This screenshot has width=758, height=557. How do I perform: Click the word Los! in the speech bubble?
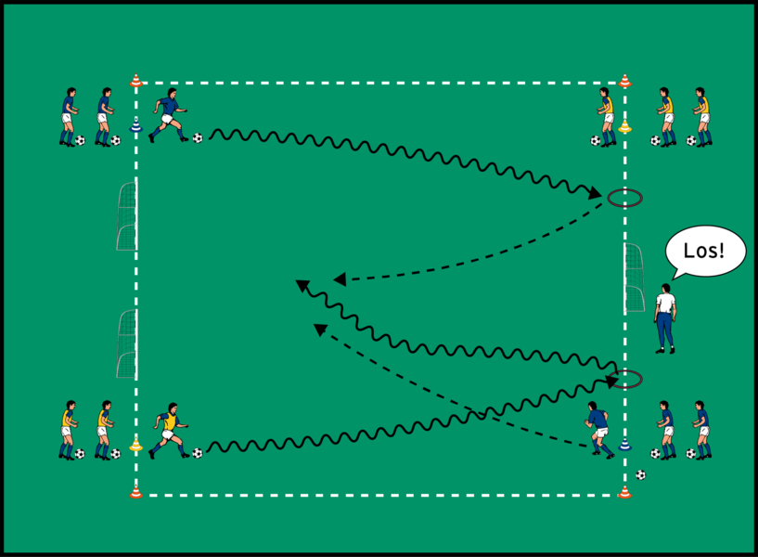(x=704, y=251)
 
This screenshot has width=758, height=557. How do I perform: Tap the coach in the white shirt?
(x=665, y=317)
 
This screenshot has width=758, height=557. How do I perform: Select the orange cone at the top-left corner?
(x=136, y=81)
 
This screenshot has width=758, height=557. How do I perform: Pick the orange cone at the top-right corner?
(x=624, y=81)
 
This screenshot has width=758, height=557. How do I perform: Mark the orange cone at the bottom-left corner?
(x=136, y=490)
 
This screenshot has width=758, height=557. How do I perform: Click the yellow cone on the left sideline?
(x=136, y=445)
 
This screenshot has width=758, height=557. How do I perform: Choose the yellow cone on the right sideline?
(x=624, y=126)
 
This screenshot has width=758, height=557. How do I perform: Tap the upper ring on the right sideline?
(x=624, y=197)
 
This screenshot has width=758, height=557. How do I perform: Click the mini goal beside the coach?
(x=634, y=278)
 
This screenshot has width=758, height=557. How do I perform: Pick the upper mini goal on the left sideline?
(x=127, y=216)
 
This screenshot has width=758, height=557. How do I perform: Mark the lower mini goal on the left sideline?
(x=127, y=343)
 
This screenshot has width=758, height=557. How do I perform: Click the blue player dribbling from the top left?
(x=168, y=115)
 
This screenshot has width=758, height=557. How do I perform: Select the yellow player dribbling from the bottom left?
(x=168, y=430)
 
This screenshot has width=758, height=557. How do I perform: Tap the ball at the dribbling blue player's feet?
(x=198, y=138)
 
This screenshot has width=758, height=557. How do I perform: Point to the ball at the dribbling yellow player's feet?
(x=198, y=453)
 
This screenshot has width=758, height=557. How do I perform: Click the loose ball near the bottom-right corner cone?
(x=640, y=475)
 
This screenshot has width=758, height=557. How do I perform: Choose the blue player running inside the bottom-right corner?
(x=599, y=430)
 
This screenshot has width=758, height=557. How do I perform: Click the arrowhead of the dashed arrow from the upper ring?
(x=339, y=278)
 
